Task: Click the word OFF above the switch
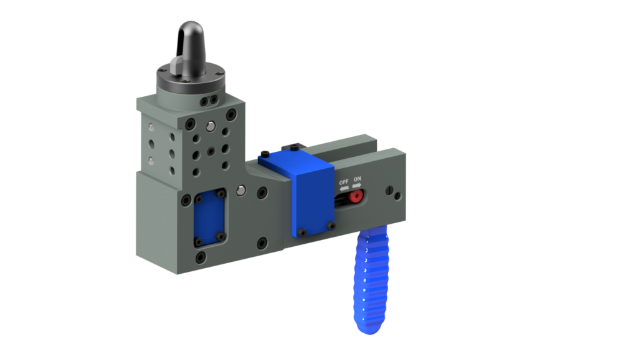click(x=343, y=182)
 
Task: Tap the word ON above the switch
click(x=357, y=179)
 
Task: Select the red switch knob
click(x=355, y=196)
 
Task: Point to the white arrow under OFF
click(x=344, y=188)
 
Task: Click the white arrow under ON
click(x=357, y=186)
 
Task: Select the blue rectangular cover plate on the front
click(x=209, y=218)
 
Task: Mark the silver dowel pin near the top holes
click(x=212, y=126)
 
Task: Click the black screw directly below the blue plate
click(x=200, y=257)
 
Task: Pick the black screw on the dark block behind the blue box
click(x=294, y=147)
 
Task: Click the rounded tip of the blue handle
click(x=368, y=327)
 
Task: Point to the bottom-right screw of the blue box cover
click(x=331, y=225)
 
